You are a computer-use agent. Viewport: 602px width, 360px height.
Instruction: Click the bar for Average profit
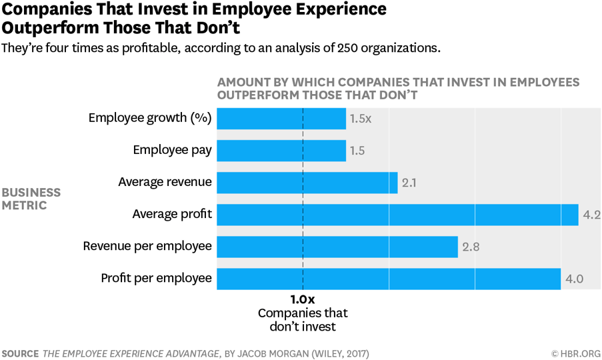point(398,214)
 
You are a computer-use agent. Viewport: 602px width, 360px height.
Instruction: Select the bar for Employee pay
point(281,150)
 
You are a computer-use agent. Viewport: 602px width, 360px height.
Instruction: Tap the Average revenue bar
point(307,182)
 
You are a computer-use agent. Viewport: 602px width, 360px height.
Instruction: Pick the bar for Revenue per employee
point(337,246)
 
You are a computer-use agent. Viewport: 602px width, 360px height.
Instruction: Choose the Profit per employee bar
point(389,279)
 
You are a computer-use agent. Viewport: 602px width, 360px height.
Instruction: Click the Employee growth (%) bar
point(281,118)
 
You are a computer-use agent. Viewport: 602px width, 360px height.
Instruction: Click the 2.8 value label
point(470,247)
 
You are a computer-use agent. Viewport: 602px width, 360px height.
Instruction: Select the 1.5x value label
point(360,119)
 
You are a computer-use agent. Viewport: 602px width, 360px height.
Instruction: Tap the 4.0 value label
point(574,279)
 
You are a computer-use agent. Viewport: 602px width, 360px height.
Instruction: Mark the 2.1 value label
point(409,183)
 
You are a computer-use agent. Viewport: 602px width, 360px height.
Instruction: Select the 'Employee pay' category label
point(172,150)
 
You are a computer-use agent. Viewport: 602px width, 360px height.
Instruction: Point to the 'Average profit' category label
point(172,214)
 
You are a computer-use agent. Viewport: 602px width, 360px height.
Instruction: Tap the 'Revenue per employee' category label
point(147,246)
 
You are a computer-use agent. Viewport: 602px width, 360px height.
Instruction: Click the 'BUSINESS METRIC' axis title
point(31,199)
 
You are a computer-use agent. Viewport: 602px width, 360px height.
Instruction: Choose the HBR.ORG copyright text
point(575,353)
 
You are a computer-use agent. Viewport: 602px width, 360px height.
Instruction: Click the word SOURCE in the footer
point(20,353)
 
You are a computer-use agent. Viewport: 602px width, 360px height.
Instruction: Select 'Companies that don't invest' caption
point(303,320)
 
